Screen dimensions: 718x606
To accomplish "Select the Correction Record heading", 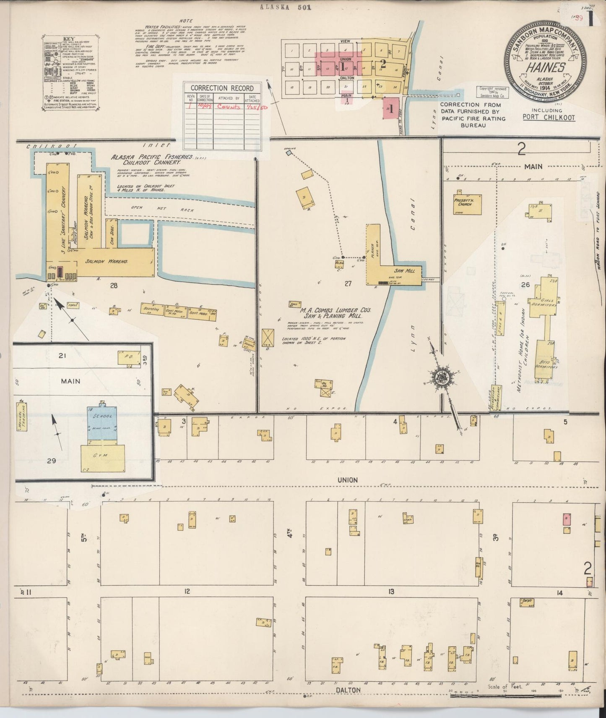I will click(x=222, y=88).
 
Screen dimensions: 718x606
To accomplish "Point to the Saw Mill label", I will click(x=404, y=271).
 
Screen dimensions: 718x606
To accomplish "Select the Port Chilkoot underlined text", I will click(x=549, y=118).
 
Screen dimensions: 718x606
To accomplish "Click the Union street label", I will click(x=348, y=480).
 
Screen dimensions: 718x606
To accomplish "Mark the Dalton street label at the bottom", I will click(x=348, y=690).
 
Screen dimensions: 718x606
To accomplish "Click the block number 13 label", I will click(x=391, y=592).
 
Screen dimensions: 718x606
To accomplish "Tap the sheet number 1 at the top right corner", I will click(x=590, y=19).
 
